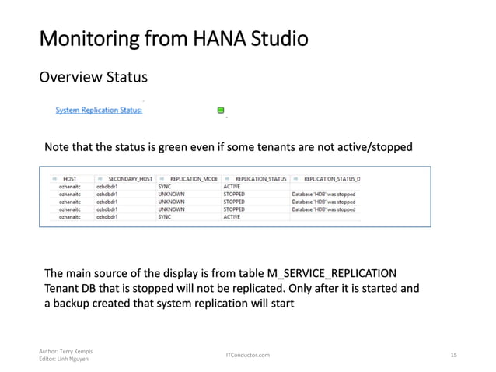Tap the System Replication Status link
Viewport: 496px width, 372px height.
pyautogui.click(x=99, y=111)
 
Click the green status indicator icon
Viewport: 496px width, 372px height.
pyautogui.click(x=222, y=111)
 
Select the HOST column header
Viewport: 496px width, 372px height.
pyautogui.click(x=69, y=179)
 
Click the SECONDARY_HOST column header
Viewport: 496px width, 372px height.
pyautogui.click(x=130, y=179)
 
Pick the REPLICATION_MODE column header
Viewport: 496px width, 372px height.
pyautogui.click(x=193, y=179)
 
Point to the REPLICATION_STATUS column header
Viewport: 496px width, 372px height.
pyautogui.click(x=260, y=179)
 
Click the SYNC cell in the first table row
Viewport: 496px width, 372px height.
pyautogui.click(x=165, y=187)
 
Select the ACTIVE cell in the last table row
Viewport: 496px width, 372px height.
pyautogui.click(x=232, y=217)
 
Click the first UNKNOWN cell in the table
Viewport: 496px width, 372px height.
pyautogui.click(x=171, y=195)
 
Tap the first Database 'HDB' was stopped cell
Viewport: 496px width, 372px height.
pyautogui.click(x=323, y=195)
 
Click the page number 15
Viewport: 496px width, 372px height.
pyautogui.click(x=454, y=355)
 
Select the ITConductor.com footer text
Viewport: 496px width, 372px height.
pyautogui.click(x=247, y=355)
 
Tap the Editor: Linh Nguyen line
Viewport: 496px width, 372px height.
pyautogui.click(x=61, y=359)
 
